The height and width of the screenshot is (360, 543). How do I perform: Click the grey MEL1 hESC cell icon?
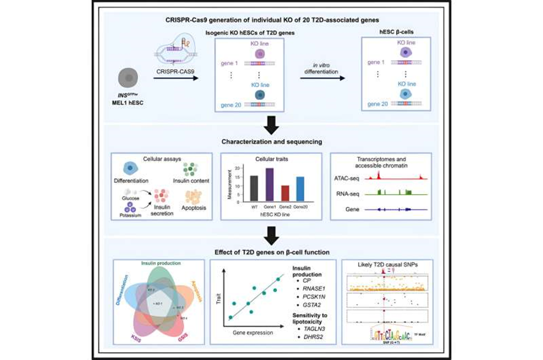click(128, 79)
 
